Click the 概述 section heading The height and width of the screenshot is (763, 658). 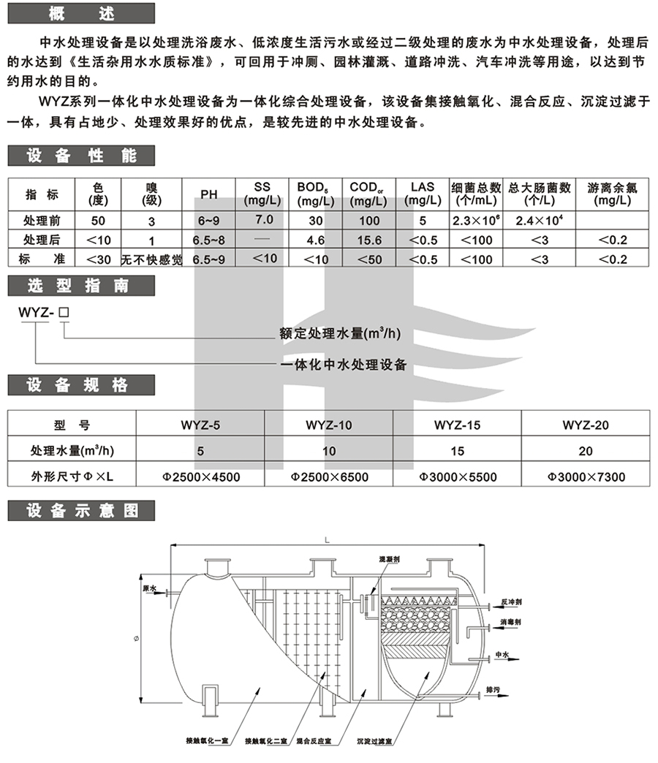click(x=80, y=12)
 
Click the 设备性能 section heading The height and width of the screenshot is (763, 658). click(x=80, y=155)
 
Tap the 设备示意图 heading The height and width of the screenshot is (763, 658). click(x=80, y=511)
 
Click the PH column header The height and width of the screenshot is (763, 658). click(x=209, y=194)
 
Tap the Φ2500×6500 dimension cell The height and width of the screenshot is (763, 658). click(x=329, y=477)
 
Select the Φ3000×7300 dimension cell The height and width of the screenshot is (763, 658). click(x=586, y=477)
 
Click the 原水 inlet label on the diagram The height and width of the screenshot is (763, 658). click(x=150, y=588)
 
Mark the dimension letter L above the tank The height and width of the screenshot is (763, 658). click(x=325, y=539)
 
